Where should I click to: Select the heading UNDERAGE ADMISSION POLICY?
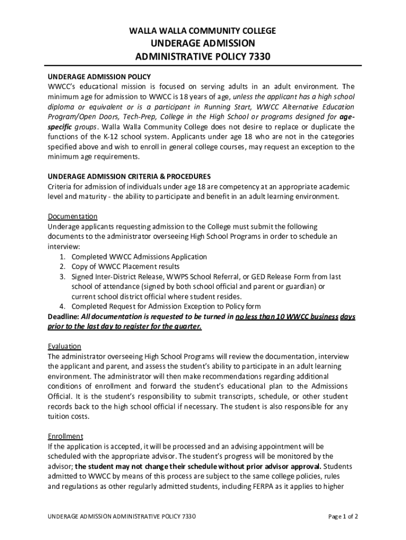(x=100, y=77)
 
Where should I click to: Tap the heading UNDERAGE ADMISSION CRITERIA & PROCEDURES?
(x=129, y=177)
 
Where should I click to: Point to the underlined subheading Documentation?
(x=73, y=216)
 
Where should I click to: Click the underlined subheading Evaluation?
(x=64, y=346)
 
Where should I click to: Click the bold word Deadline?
(x=63, y=316)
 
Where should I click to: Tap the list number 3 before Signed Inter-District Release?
(x=62, y=277)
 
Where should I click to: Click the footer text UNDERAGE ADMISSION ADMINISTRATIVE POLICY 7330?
(x=122, y=516)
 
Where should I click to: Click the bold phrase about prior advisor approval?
(x=198, y=467)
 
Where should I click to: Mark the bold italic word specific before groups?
(x=61, y=127)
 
